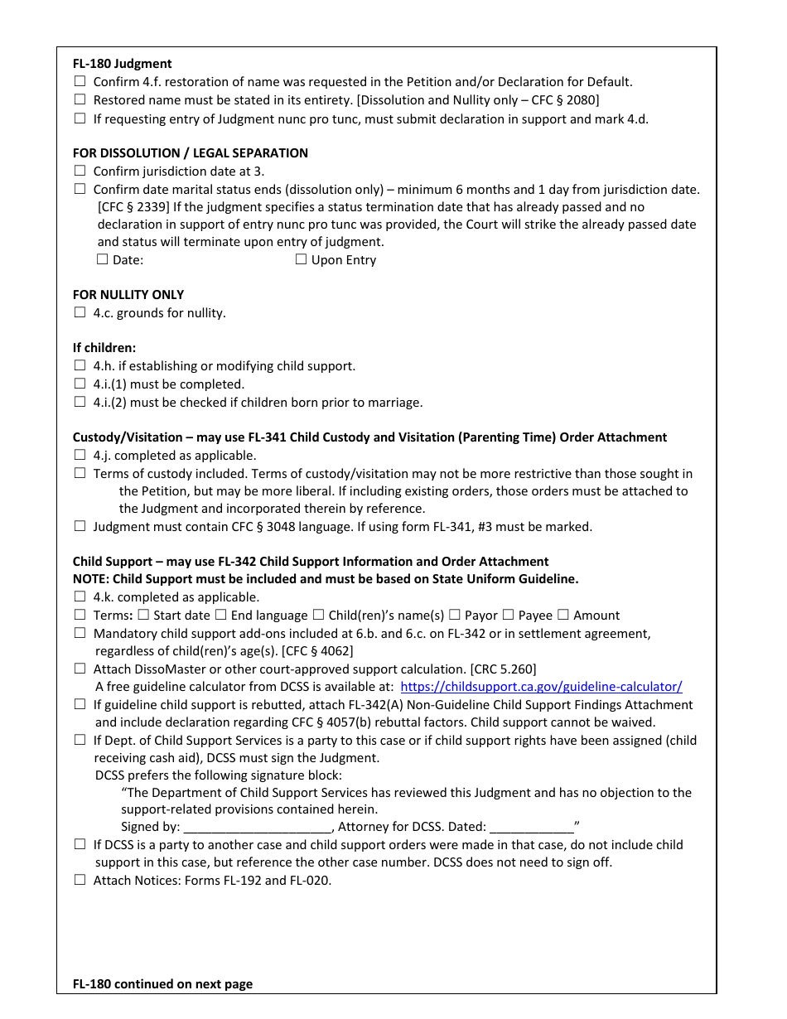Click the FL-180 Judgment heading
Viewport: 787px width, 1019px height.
tap(122, 63)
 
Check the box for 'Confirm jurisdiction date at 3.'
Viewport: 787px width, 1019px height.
tap(80, 171)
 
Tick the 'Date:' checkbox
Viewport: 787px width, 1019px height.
tap(103, 259)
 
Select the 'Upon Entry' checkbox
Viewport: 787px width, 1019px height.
tap(301, 259)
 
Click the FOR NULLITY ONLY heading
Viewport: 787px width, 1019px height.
tap(128, 294)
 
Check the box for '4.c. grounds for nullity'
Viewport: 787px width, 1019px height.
tap(80, 312)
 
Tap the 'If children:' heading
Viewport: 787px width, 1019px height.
tap(104, 347)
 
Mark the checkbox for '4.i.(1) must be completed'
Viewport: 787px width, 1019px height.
tap(80, 384)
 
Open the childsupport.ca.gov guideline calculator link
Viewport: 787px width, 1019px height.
tap(541, 686)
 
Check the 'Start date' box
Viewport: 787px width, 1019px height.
tap(143, 615)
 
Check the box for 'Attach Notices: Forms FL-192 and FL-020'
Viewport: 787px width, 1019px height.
tap(80, 880)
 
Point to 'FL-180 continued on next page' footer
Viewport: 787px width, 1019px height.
tap(162, 984)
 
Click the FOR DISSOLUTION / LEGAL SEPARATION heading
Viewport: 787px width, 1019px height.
tap(190, 152)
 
